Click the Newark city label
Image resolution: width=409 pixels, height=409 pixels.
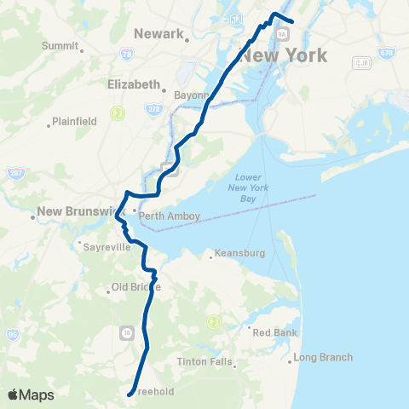(158, 33)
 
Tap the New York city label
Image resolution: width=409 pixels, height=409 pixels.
(282, 57)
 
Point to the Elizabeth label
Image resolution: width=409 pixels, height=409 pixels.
(133, 84)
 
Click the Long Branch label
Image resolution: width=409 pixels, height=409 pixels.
(323, 357)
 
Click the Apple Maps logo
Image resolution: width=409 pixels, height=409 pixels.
(31, 395)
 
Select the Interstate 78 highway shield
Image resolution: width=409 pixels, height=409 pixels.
(126, 54)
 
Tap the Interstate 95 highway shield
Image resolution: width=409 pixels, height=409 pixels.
(13, 335)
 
